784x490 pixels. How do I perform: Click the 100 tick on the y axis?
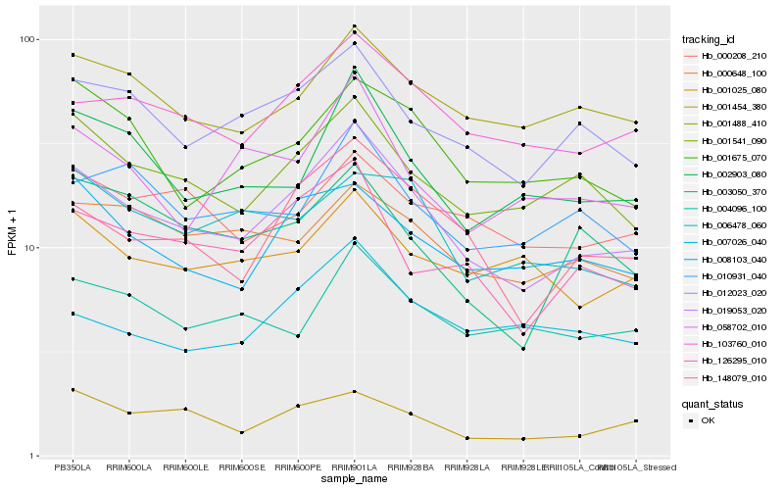click(26, 40)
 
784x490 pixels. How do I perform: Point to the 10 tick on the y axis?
click(29, 248)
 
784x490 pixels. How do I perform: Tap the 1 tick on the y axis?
click(32, 456)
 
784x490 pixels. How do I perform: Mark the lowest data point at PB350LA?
click(73, 390)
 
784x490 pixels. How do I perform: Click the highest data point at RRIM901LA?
click(355, 26)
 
